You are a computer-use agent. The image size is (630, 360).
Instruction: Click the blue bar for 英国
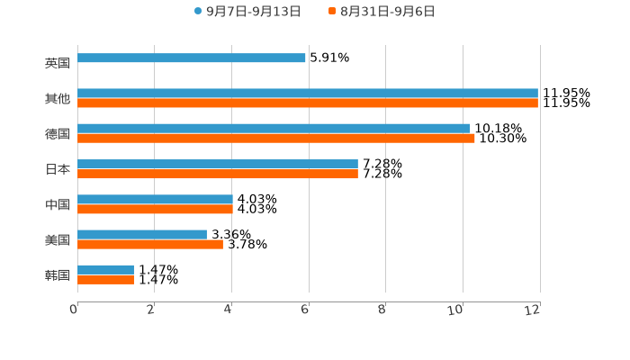[192, 58]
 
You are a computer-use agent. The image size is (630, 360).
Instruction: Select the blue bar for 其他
[308, 94]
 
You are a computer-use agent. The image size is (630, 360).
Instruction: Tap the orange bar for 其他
[308, 103]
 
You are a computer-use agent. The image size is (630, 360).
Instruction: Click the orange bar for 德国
[276, 139]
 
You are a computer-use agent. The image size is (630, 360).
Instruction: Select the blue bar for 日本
[218, 165]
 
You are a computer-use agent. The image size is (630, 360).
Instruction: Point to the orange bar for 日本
[218, 174]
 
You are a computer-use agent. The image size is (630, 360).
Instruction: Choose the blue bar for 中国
[155, 200]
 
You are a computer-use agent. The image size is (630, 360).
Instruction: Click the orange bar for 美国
[150, 244]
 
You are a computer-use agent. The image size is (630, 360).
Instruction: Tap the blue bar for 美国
[142, 235]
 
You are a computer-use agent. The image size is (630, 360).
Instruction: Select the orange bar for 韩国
[105, 280]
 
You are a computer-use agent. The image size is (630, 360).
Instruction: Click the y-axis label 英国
[58, 64]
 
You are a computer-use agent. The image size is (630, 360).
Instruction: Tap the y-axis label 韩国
[58, 275]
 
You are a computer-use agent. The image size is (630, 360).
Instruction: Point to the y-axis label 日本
[58, 169]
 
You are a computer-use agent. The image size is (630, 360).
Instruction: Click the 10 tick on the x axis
[456, 310]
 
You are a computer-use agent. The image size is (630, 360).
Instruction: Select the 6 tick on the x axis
[305, 310]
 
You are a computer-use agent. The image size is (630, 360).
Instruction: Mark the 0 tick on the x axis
[74, 310]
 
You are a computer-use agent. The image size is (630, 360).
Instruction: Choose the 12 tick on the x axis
[533, 310]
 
